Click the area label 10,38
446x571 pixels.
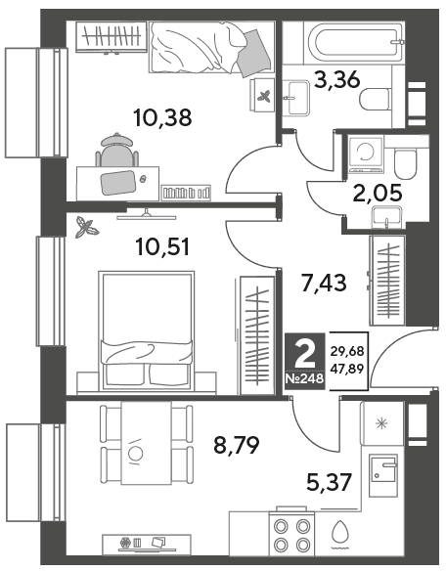(162, 118)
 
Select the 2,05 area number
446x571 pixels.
(378, 193)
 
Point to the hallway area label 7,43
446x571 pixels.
(324, 283)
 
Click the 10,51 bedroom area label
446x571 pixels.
(162, 246)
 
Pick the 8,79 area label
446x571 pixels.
(237, 445)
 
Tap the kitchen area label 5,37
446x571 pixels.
(330, 482)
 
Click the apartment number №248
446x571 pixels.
(304, 379)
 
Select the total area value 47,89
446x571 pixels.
(347, 370)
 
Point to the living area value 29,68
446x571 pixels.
(347, 352)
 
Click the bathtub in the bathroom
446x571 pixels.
(356, 43)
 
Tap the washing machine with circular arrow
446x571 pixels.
(366, 154)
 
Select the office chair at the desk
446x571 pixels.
(116, 150)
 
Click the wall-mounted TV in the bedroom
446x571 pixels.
(147, 215)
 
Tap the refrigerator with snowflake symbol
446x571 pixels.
(382, 424)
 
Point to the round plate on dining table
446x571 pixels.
(136, 454)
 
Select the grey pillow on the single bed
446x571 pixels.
(254, 53)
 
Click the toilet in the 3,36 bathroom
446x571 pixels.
(375, 99)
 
